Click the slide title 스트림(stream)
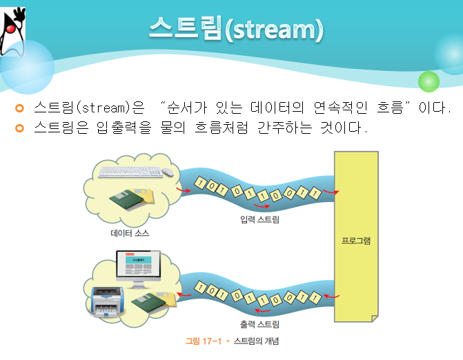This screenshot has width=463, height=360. pos(235,30)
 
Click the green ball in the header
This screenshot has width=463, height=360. pos(428,81)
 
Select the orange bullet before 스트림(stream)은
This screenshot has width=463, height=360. pos(19,108)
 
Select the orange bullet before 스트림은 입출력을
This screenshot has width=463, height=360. pos(19,128)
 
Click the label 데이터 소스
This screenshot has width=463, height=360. pos(130,233)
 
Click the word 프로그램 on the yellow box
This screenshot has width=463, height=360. pos(356,241)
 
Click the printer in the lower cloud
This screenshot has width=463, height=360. pos(104,299)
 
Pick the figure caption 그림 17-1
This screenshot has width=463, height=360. pos(204,341)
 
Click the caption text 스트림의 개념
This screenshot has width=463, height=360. pos(256,341)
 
